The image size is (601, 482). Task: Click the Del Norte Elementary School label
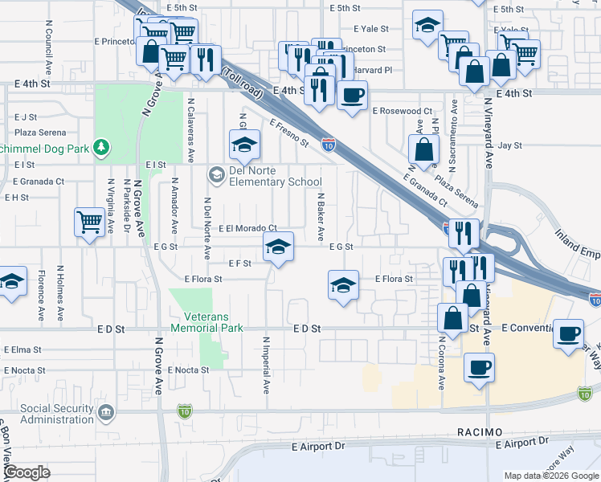(276, 177)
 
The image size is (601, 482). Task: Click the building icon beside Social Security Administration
(106, 414)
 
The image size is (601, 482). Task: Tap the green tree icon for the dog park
(101, 147)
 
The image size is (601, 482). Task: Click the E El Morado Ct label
(247, 229)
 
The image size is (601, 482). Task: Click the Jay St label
(510, 146)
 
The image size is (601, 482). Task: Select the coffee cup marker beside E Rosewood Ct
(351, 96)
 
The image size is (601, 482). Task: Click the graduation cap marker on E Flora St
(343, 284)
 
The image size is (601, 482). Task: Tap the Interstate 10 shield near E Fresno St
(329, 145)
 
